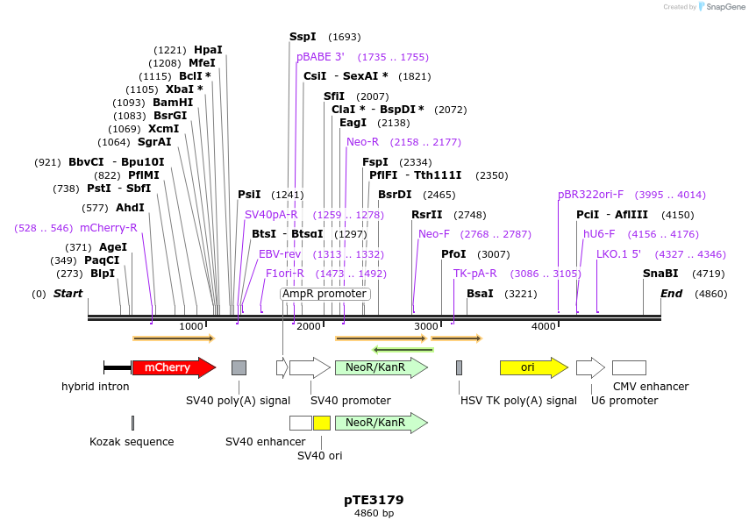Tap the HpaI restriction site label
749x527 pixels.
click(x=208, y=50)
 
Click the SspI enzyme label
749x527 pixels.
click(x=303, y=37)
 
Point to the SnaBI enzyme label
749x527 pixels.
click(x=660, y=274)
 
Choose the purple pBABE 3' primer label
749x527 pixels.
click(x=320, y=57)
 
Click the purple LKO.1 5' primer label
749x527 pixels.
click(x=618, y=254)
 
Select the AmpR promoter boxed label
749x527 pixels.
click(x=325, y=294)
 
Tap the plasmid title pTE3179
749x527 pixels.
click(x=374, y=500)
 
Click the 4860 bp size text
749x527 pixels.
click(x=374, y=513)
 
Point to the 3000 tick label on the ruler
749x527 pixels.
click(x=425, y=326)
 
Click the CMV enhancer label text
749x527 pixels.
click(x=650, y=387)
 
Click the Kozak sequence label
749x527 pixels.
click(x=132, y=442)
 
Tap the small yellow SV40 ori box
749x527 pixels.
click(x=322, y=423)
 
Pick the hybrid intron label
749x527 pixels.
click(x=95, y=387)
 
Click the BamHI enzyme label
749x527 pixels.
click(x=173, y=103)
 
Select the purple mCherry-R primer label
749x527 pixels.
click(x=108, y=228)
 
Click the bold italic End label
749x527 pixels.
click(x=671, y=294)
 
